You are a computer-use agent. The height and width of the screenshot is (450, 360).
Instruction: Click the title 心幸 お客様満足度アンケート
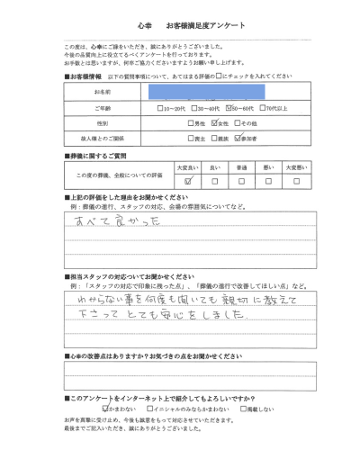point(180,25)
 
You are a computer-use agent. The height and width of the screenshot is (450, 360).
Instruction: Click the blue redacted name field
point(210,92)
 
